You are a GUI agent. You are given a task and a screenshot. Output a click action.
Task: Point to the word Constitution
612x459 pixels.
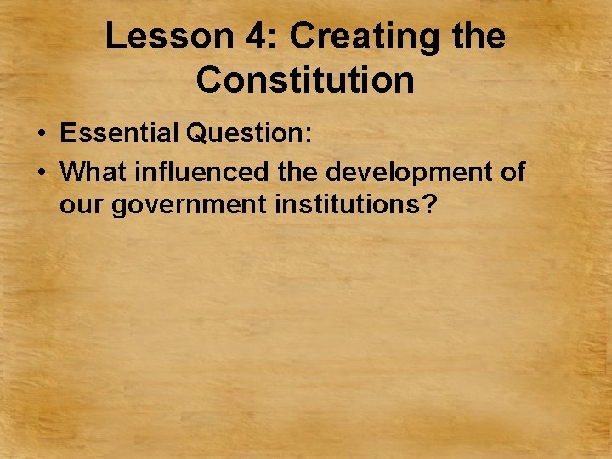click(305, 80)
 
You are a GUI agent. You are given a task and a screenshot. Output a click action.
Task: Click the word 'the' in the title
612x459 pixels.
click(477, 37)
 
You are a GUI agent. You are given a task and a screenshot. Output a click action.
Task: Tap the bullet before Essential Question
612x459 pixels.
click(40, 134)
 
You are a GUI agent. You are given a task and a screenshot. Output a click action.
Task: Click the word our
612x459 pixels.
click(81, 205)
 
